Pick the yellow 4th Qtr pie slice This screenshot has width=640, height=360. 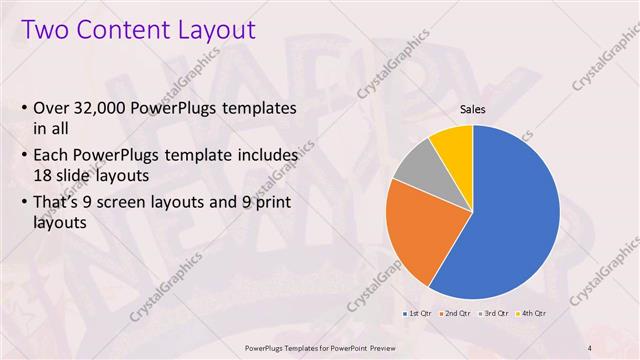pyautogui.click(x=453, y=143)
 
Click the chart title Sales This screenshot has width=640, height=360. pyautogui.click(x=473, y=110)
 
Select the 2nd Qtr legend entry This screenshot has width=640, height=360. pyautogui.click(x=456, y=314)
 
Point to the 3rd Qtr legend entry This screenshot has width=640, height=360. pyautogui.click(x=496, y=314)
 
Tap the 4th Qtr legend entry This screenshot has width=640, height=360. pyautogui.click(x=534, y=314)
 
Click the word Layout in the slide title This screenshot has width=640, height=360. pyautogui.click(x=216, y=29)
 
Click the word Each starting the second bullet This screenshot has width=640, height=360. pyautogui.click(x=52, y=156)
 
